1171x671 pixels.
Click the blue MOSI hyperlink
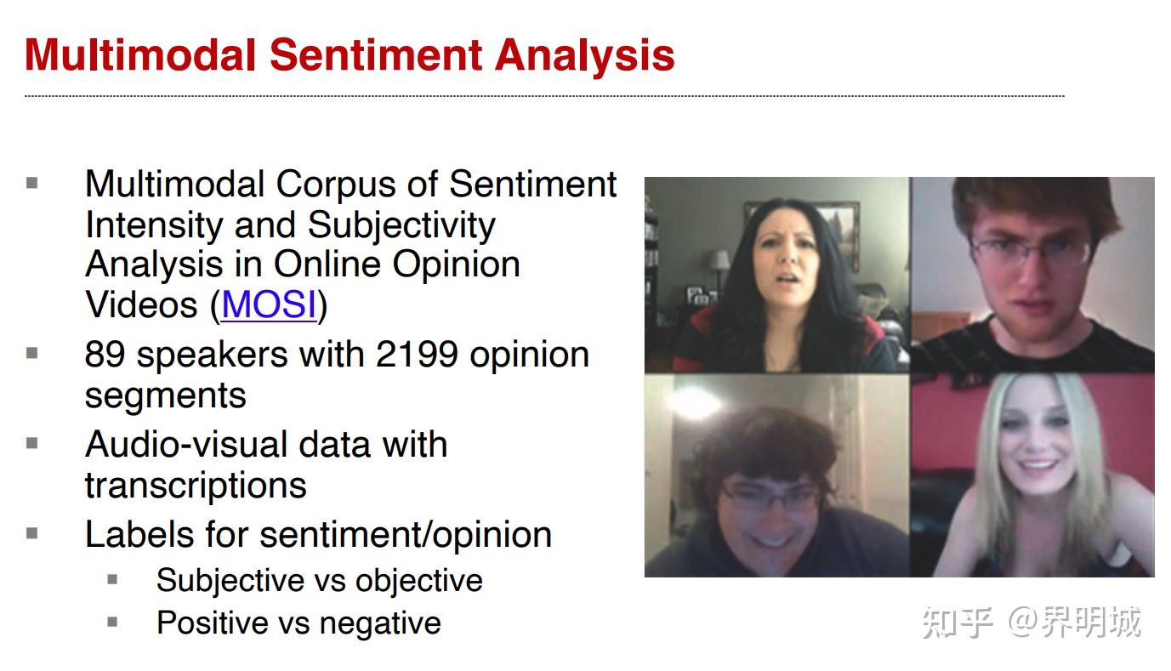pos(269,304)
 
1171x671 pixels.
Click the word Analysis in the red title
pos(584,56)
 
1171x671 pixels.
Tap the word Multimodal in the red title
pos(140,55)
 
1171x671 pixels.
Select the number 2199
pos(417,355)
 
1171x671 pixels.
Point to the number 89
pos(105,355)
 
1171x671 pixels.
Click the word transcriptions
pos(196,486)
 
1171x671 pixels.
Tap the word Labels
pos(140,534)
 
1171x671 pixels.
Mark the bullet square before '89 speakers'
pos(31,354)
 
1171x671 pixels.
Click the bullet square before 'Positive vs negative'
pos(112,623)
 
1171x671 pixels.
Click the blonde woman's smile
pos(1038,463)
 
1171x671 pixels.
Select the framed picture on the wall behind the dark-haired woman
pos(842,230)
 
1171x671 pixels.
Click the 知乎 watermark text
pos(958,623)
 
